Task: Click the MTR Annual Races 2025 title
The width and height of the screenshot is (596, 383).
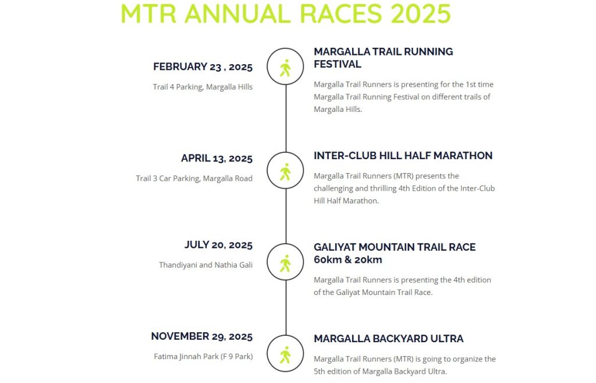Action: (x=285, y=14)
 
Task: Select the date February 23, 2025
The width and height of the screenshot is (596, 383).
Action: (x=203, y=67)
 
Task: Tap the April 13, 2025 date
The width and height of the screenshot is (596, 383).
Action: (x=217, y=159)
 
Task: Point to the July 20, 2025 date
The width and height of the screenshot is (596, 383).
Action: (x=219, y=245)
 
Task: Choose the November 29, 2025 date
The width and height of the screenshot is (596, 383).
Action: (x=202, y=336)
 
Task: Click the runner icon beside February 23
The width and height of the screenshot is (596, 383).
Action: (x=285, y=68)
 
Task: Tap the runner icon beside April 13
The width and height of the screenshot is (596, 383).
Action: (x=285, y=172)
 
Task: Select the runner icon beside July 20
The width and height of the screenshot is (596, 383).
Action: (x=285, y=263)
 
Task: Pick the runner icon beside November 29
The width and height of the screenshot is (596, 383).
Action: (x=285, y=355)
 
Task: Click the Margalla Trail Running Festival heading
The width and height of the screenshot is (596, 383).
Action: (x=383, y=58)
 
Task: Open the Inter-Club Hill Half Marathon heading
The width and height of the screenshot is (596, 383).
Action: (x=403, y=156)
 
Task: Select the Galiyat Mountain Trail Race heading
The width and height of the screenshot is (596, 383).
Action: (x=395, y=253)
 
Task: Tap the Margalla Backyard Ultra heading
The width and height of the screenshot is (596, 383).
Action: (x=388, y=339)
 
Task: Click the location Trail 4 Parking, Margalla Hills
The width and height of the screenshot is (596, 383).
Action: (x=203, y=87)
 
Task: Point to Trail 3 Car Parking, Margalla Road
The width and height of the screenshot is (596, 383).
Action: (x=194, y=178)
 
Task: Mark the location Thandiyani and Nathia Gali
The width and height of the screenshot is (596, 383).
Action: (x=205, y=265)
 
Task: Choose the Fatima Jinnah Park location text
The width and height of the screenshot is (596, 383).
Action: (x=203, y=356)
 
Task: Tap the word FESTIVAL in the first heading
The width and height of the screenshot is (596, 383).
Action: (x=338, y=64)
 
